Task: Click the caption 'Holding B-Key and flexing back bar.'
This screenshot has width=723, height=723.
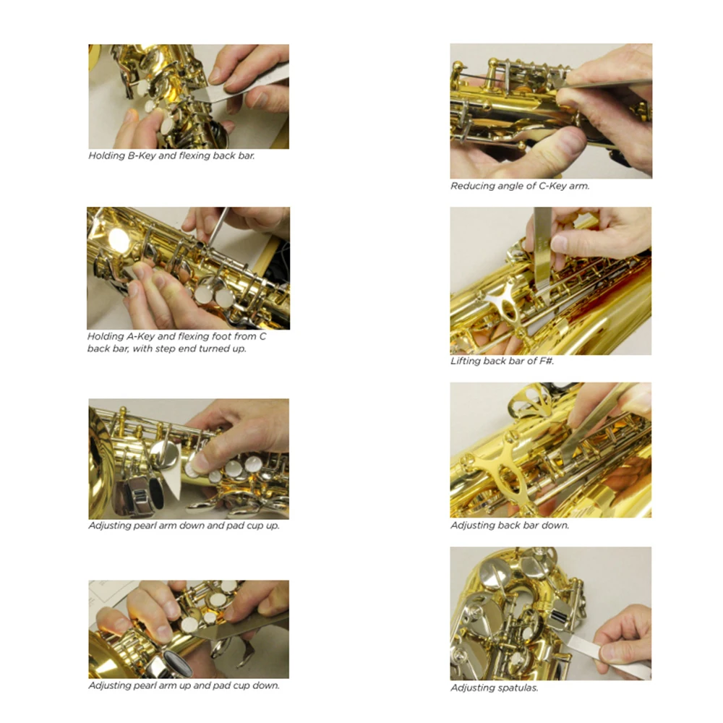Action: [171, 156]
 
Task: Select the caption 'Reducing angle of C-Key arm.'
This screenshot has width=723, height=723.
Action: [520, 187]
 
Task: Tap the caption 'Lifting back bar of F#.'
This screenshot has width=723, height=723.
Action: [502, 361]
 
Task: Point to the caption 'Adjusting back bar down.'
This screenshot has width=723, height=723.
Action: [510, 525]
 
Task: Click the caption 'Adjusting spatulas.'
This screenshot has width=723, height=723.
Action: [495, 688]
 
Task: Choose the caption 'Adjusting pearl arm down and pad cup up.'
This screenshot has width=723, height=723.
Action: [184, 526]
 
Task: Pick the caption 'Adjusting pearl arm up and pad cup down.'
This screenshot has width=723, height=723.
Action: [184, 685]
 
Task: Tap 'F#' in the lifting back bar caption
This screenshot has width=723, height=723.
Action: [547, 361]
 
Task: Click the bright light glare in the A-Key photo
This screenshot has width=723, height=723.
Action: [119, 239]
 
